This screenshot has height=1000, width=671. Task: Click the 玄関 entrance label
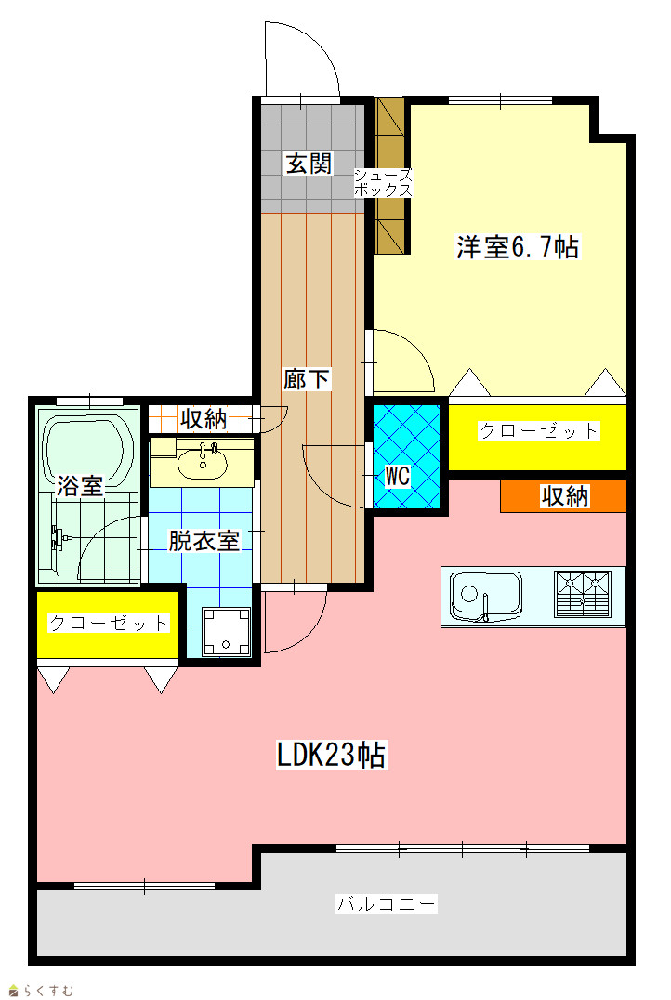(x=309, y=164)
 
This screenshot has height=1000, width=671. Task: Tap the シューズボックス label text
(x=383, y=182)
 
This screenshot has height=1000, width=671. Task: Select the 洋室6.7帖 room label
(x=518, y=247)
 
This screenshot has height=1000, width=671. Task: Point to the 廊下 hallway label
(x=306, y=379)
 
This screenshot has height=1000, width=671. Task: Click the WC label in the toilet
(x=398, y=476)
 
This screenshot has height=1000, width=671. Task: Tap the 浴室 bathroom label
(x=80, y=486)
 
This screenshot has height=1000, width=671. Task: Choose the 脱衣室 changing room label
(x=204, y=541)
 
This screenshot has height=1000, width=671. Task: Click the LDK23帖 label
(x=332, y=755)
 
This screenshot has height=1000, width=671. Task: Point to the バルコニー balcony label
(x=387, y=903)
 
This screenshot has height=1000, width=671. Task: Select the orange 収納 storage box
(x=563, y=496)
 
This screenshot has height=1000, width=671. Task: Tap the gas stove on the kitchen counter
(x=583, y=594)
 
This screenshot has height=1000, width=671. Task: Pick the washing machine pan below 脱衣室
(x=226, y=631)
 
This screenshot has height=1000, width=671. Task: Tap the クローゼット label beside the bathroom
(x=109, y=623)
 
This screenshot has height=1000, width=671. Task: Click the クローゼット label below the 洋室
(x=538, y=431)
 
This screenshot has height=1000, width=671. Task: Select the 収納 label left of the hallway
(x=204, y=419)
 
